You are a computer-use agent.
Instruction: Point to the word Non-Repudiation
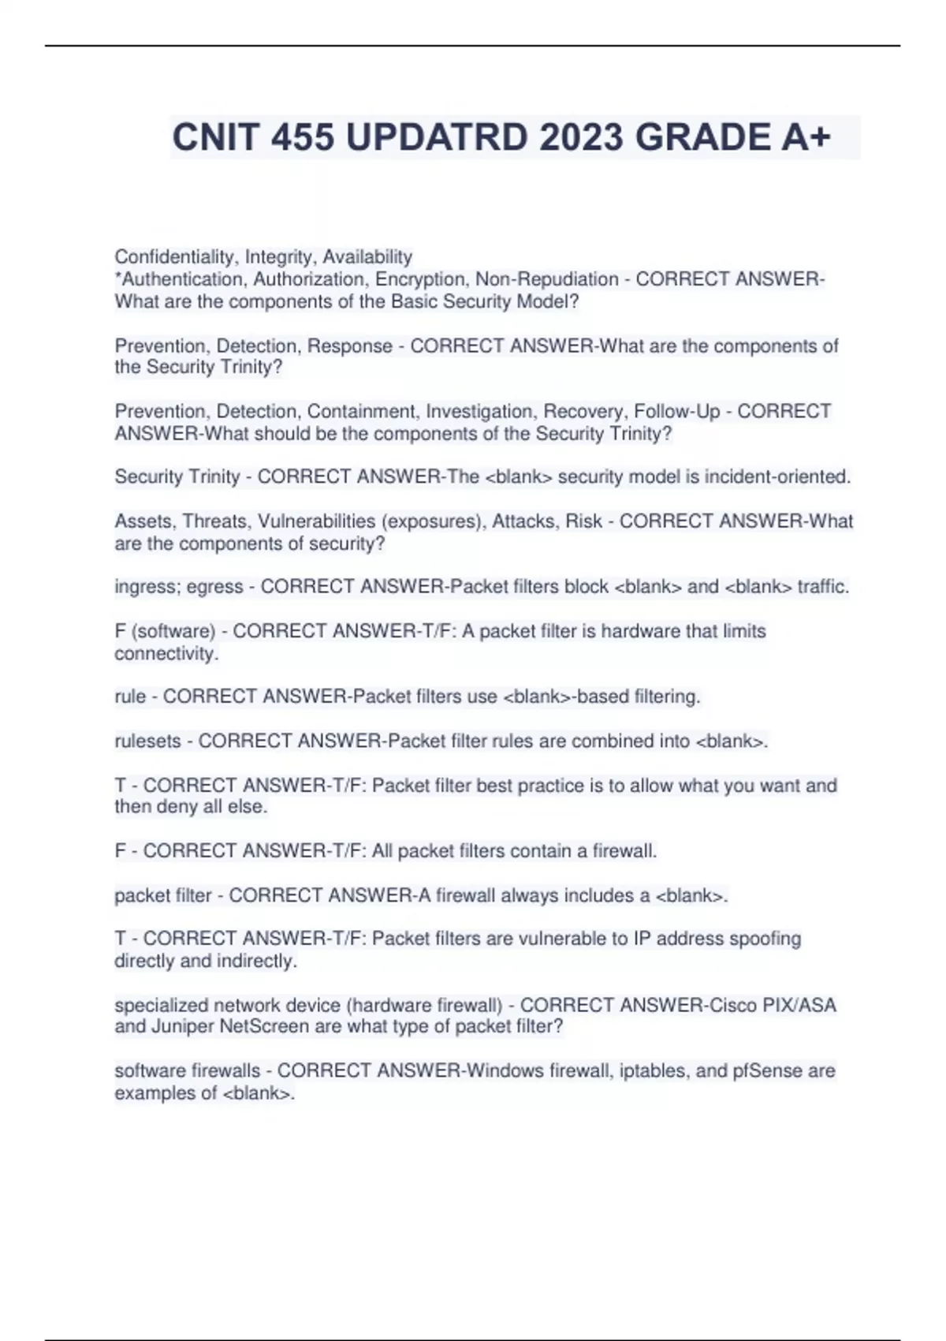pos(546,279)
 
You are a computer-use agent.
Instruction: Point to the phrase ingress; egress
pos(179,587)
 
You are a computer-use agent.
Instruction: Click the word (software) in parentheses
pos(173,631)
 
